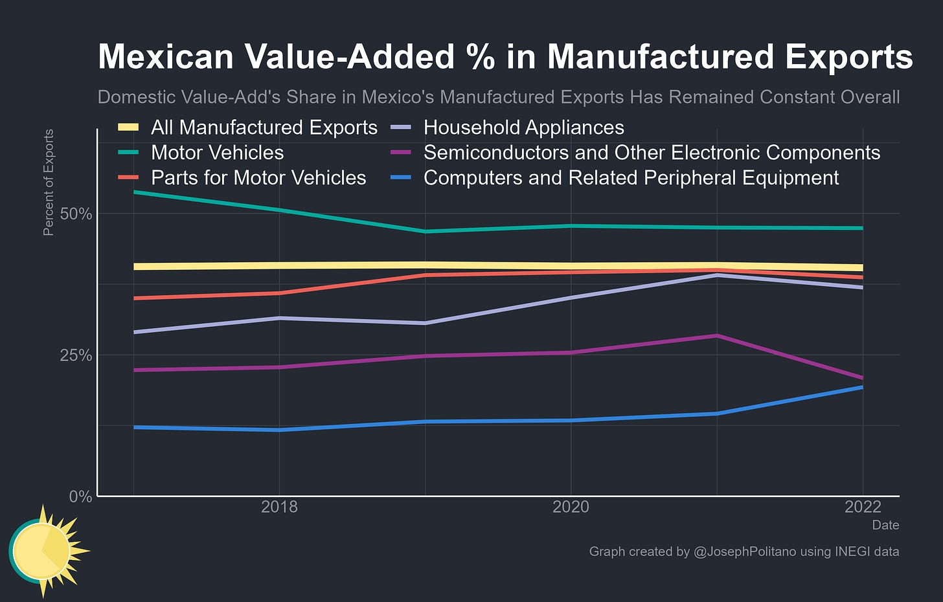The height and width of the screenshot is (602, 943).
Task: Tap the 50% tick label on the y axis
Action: pos(76,214)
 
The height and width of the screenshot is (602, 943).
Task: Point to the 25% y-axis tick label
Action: pos(76,355)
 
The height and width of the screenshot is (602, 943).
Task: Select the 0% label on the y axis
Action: pos(81,496)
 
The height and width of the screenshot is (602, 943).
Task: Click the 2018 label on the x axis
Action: pos(279,507)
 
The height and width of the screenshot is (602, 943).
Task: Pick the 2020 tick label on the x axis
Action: pos(571,507)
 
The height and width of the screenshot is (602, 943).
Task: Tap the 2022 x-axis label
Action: pos(863,507)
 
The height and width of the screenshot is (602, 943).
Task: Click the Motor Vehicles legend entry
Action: pos(217,153)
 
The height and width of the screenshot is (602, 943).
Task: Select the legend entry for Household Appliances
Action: pos(523,128)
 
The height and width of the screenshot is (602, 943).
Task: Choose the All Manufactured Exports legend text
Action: pos(264,128)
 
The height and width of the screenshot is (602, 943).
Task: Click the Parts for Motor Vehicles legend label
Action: pos(258,178)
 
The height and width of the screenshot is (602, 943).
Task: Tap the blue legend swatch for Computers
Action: pos(402,178)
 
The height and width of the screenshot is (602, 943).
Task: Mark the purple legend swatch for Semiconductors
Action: pos(402,153)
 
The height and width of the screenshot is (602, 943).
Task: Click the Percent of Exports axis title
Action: pos(49,183)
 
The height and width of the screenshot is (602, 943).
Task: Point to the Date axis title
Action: pos(885,525)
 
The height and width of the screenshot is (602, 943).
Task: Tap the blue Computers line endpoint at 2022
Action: pos(862,387)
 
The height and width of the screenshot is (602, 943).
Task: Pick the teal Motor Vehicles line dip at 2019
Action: pos(426,231)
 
